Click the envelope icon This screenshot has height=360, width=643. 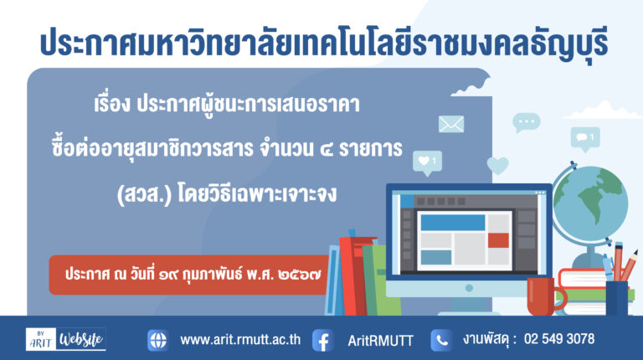click(x=451, y=124)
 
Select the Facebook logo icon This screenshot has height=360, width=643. click(x=322, y=340)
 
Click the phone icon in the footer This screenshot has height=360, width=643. click(x=441, y=340)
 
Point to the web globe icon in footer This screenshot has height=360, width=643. click(x=158, y=340)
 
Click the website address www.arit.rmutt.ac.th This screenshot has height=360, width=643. click(x=240, y=340)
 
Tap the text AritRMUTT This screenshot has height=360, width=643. click(x=381, y=341)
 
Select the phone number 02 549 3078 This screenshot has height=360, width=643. click(x=559, y=339)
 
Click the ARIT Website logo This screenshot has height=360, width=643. click(x=65, y=339)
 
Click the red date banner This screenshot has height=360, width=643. click(x=189, y=275)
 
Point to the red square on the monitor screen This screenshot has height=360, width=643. click(x=498, y=240)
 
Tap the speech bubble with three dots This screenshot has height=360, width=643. click(x=527, y=122)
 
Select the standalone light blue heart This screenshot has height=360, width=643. click(x=498, y=166)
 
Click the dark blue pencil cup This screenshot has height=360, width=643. click(x=617, y=298)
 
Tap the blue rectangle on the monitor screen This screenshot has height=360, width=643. click(x=453, y=222)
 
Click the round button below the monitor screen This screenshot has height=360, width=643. click(x=469, y=288)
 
